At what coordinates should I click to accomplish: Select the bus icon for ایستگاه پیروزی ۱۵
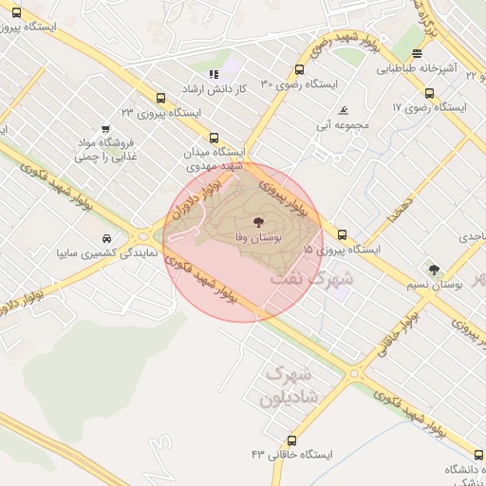click(x=342, y=234)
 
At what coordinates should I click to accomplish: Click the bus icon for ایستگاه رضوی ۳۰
click(x=300, y=69)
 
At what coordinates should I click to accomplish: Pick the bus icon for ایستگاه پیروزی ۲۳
click(x=160, y=97)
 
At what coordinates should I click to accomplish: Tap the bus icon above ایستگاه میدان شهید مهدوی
click(x=214, y=138)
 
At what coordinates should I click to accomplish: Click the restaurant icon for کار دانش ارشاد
click(x=214, y=74)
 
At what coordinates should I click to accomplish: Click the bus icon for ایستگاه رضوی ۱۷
click(x=430, y=93)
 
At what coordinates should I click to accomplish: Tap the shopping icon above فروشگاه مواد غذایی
click(x=105, y=128)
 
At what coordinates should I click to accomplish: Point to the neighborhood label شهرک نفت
click(x=311, y=280)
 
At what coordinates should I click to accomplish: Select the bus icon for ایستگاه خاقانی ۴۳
click(x=290, y=440)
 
